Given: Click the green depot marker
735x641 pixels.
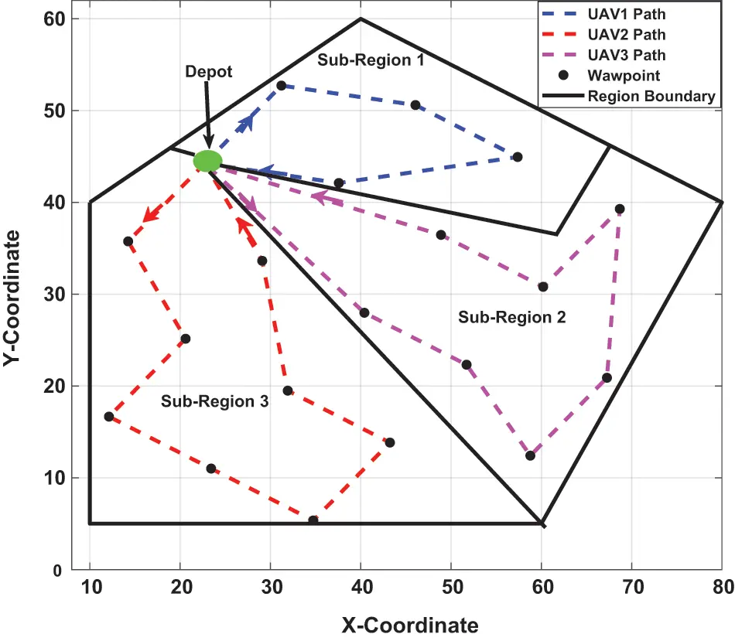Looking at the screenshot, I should pos(207,161).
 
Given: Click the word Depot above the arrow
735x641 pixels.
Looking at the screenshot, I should pos(208,71).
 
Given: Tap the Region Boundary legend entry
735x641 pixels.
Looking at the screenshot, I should pos(627,97).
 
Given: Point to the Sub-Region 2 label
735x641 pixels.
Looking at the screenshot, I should pos(511,317).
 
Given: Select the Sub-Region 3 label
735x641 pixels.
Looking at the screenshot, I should pos(214,401).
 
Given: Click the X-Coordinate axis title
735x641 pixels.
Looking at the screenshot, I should pos(409,624).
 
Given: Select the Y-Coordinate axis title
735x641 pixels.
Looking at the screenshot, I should pos(16,294).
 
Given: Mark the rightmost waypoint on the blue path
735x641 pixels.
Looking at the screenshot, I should pos(518,157).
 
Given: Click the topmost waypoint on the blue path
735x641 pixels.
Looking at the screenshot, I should pos(281,86).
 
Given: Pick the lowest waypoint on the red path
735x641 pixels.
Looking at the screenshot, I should pos(313,520).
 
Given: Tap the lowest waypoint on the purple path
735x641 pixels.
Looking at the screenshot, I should pos(530,455).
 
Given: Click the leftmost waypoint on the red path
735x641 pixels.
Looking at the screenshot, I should pos(109,417).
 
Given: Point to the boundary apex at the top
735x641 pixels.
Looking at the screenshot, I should pos(361,19).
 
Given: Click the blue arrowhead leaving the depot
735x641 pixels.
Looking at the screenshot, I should pos(247,121).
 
